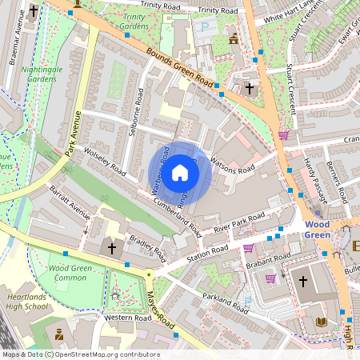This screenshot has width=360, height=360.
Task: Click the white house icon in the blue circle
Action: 180,172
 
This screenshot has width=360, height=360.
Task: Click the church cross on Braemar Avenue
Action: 33,11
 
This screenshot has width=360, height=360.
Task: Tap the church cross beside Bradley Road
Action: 112,249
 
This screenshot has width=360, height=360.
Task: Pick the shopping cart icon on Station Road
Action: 248,248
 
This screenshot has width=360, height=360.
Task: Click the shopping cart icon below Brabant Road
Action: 270,278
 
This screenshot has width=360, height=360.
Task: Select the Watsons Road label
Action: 232,166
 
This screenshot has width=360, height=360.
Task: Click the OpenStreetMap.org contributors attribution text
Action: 105,354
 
